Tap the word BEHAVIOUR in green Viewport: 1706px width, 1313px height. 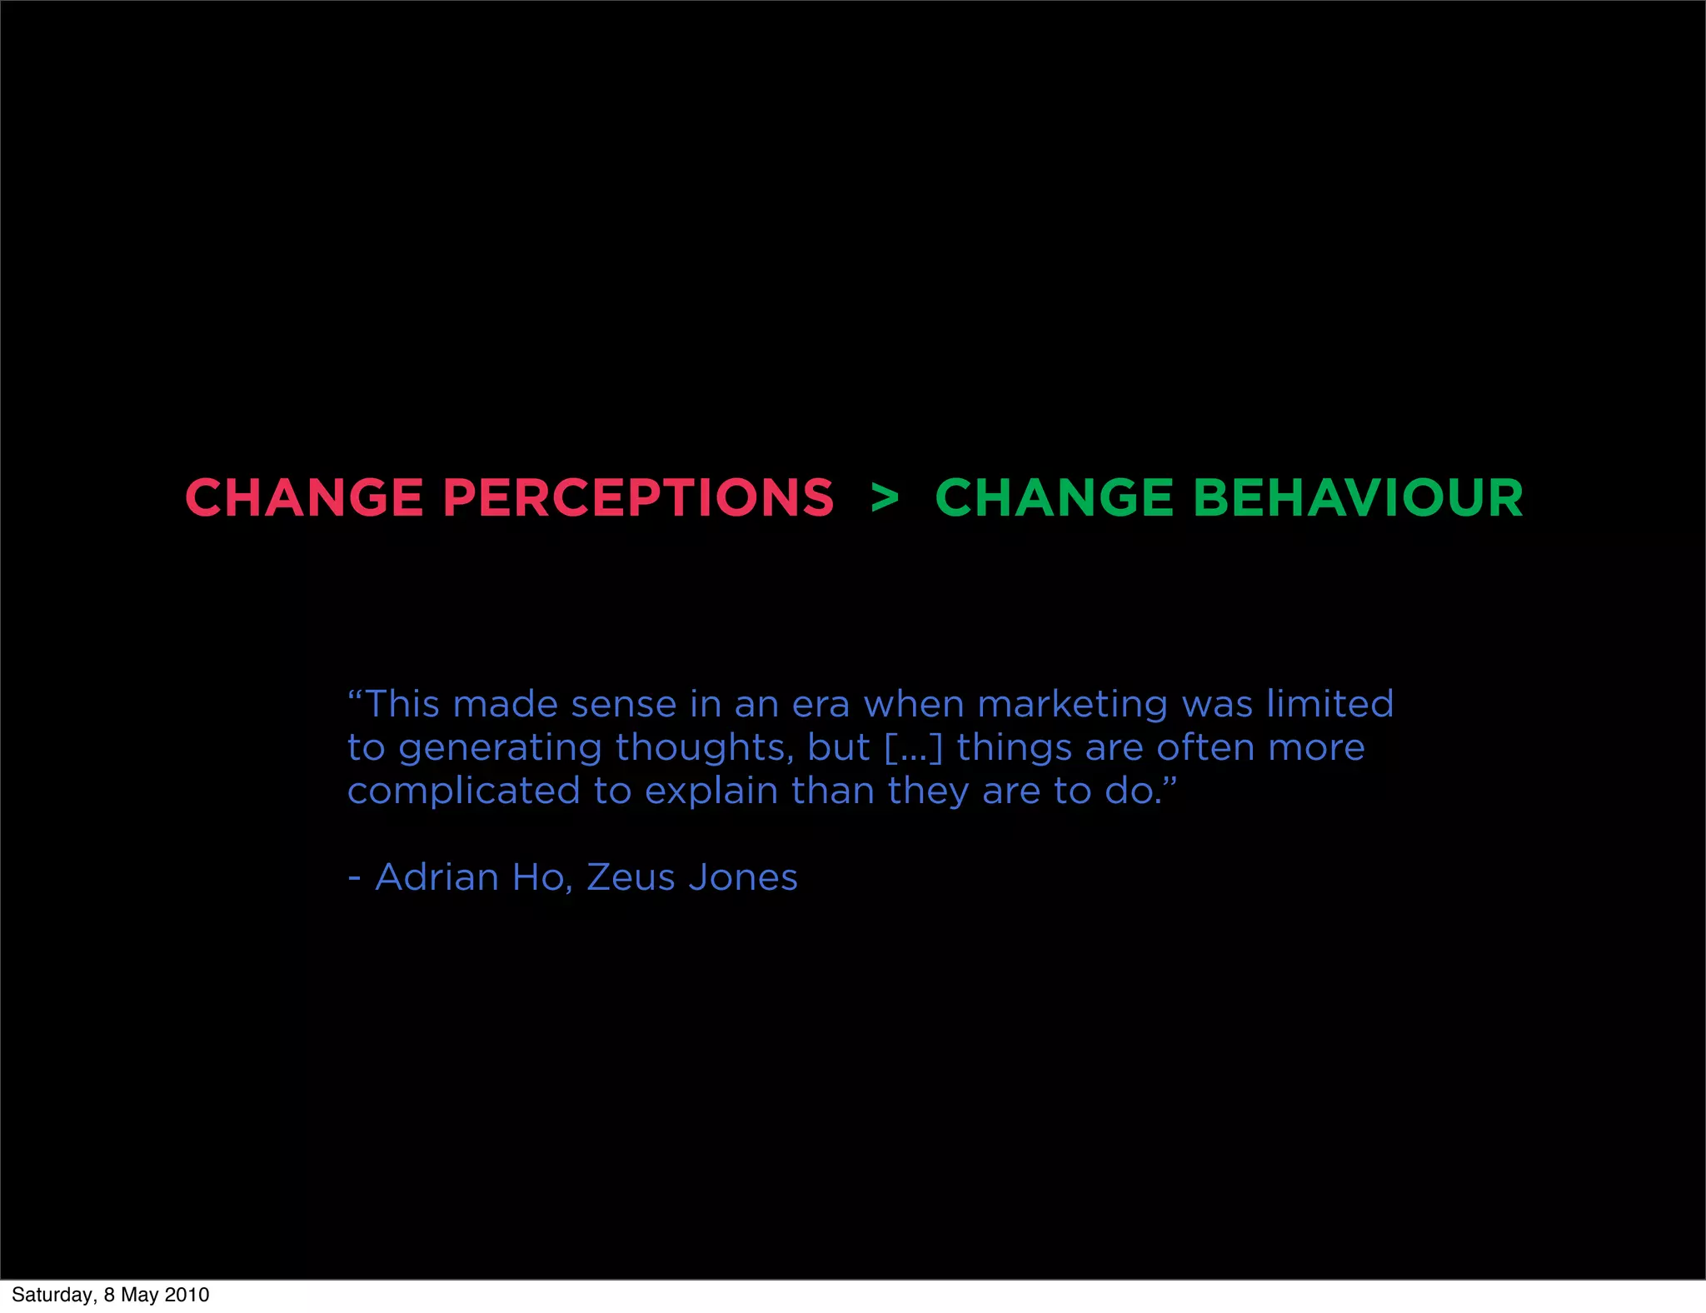1358,498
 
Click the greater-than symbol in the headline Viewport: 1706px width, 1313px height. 885,498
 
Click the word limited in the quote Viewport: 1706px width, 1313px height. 1329,704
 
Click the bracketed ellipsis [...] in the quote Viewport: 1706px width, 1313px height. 913,748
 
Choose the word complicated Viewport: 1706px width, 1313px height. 463,791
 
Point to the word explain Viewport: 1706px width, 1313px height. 711,791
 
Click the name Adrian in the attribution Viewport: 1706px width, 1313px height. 436,877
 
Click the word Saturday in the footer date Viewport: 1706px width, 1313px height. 52,1296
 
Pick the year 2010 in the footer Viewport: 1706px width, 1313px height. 187,1295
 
